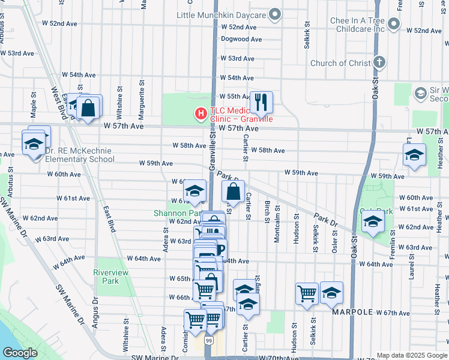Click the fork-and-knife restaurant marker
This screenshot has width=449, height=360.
(x=261, y=102)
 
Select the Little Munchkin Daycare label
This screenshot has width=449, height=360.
(x=221, y=14)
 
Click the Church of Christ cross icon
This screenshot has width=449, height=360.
(x=379, y=62)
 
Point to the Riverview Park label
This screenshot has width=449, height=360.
(x=111, y=277)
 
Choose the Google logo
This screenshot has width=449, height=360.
(x=20, y=353)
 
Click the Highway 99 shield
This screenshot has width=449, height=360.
(x=209, y=341)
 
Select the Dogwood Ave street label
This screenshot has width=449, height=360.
(x=242, y=39)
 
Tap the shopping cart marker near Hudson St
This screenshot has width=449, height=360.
(x=307, y=293)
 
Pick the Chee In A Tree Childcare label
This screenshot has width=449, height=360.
(x=357, y=25)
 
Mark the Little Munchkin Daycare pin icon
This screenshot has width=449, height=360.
(x=275, y=14)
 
